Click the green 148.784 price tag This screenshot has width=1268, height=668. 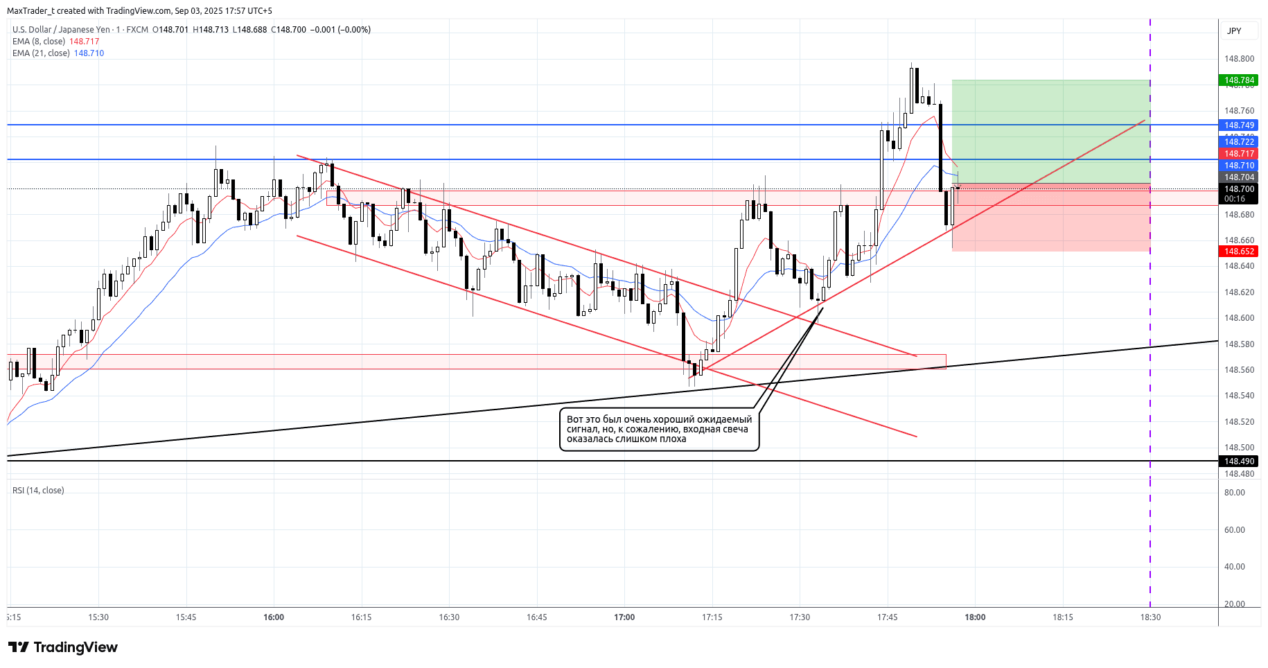1239,80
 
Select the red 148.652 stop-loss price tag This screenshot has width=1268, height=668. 1239,252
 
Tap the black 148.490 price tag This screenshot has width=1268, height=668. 1239,462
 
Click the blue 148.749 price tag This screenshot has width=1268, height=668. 1239,125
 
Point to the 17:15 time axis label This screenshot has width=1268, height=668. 712,617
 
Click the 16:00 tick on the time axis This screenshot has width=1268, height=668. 274,617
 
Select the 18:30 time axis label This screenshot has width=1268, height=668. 1150,617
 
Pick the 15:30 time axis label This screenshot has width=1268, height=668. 98,617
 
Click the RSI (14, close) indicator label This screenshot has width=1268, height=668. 38,491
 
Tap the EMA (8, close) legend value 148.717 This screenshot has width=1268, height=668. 84,42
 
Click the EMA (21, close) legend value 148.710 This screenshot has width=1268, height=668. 89,53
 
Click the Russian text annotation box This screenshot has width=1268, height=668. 659,430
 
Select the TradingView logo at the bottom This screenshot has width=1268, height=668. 63,647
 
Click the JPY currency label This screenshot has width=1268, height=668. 1234,30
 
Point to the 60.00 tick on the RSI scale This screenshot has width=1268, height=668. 1234,530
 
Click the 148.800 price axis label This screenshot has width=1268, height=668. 1239,59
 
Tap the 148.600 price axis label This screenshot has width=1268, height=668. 1239,318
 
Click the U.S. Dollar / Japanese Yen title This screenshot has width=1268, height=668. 61,30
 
